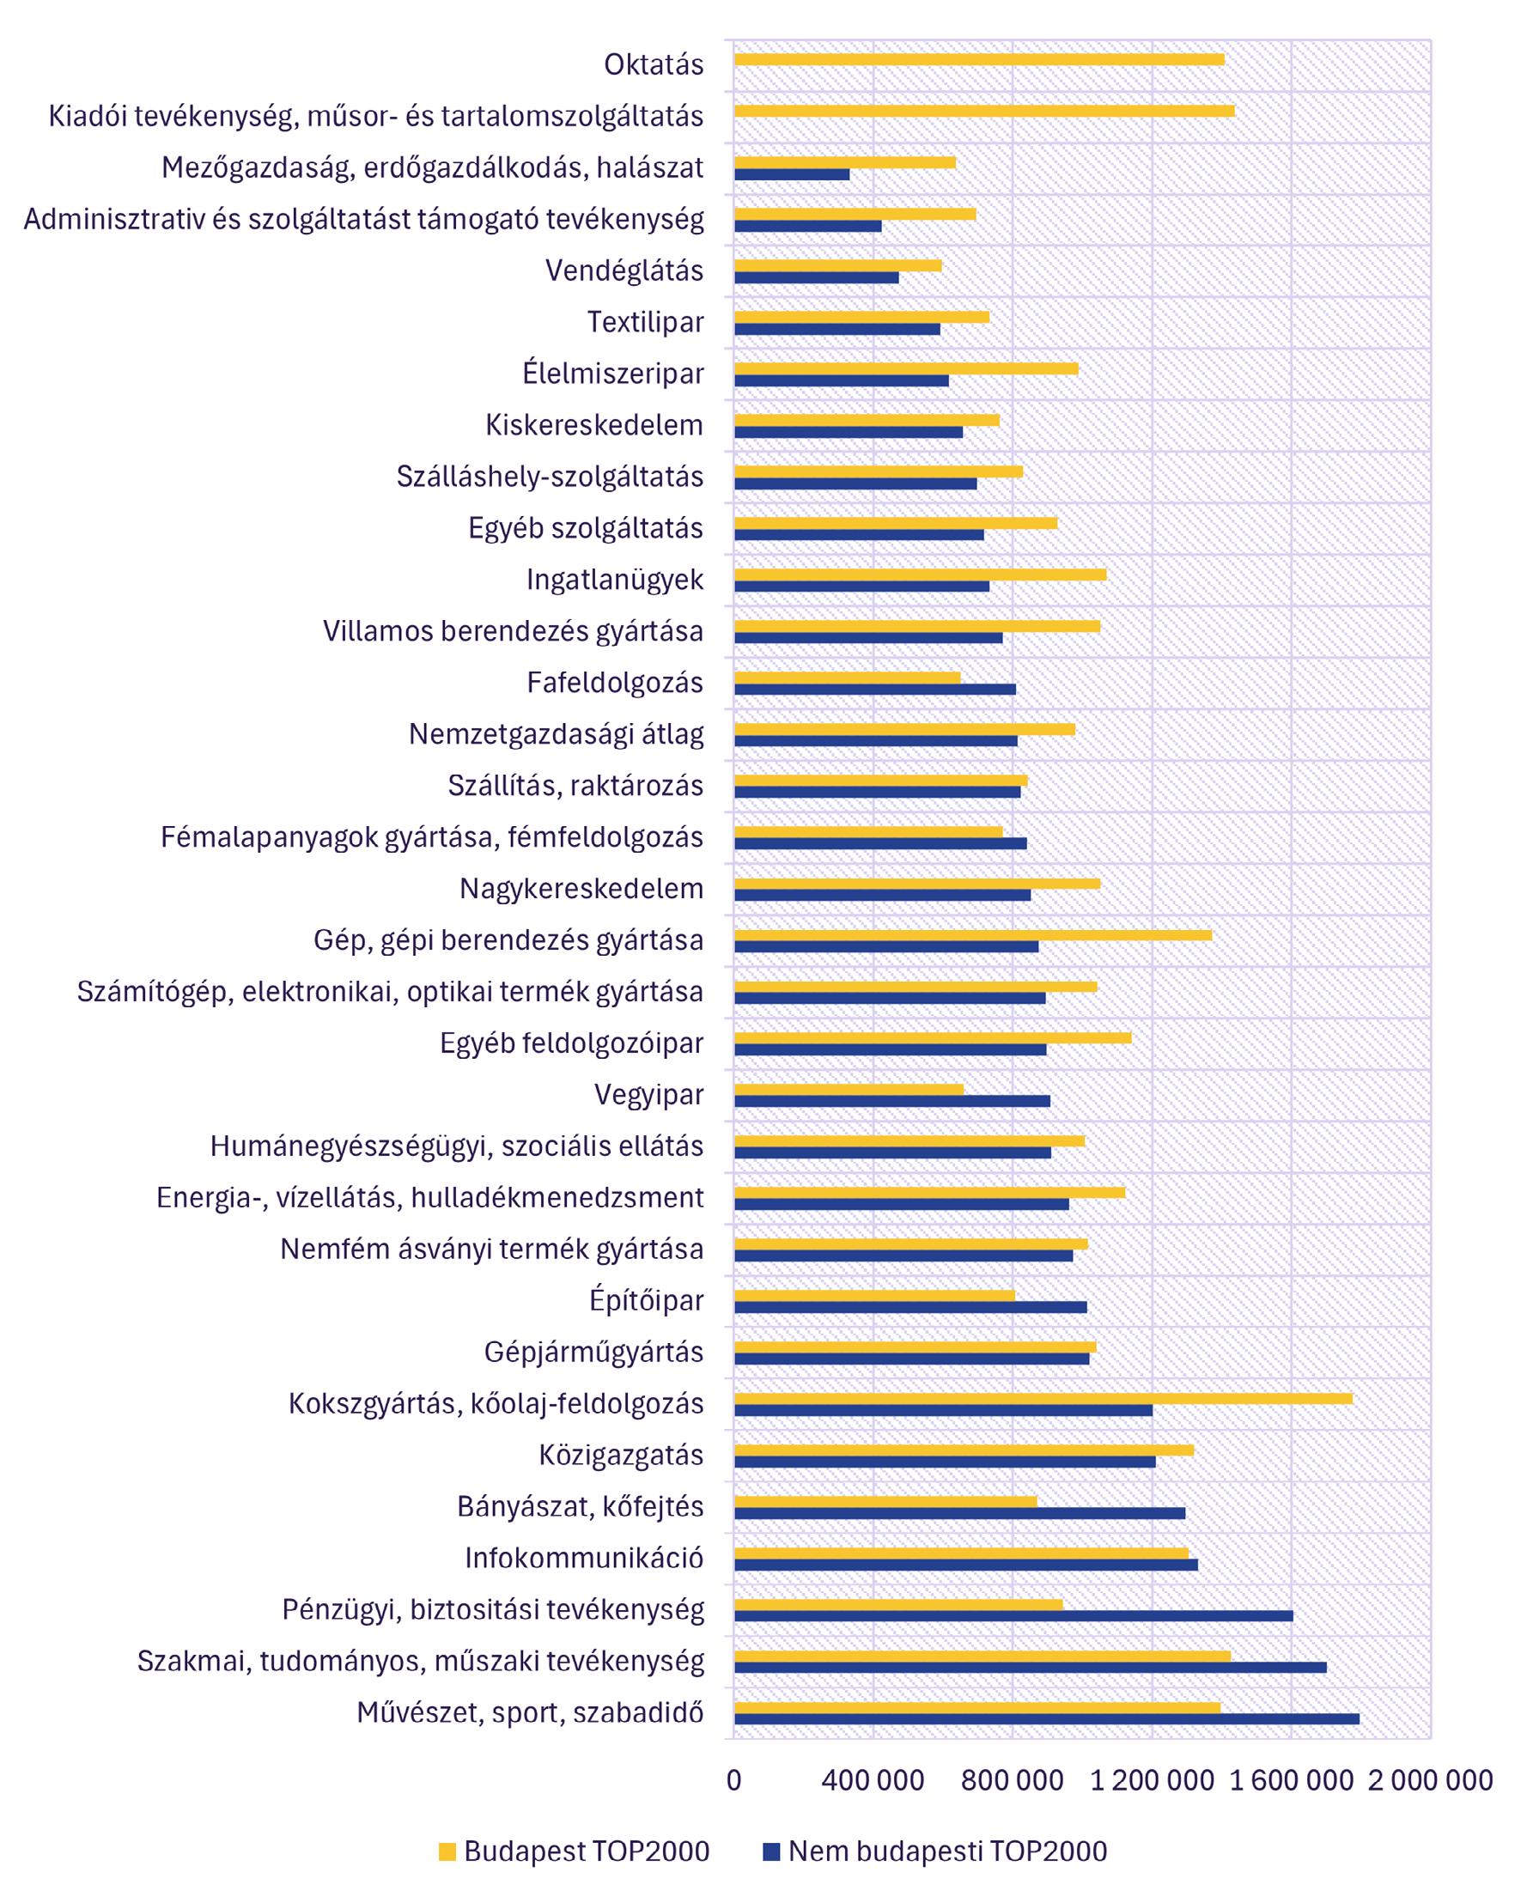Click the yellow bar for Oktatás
tap(978, 59)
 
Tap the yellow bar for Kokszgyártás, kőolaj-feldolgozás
tap(1042, 1398)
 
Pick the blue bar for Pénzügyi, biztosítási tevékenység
tap(1013, 1616)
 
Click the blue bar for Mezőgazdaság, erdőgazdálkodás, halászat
tap(791, 175)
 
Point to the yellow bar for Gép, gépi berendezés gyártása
tap(972, 934)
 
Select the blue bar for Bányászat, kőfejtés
tap(959, 1512)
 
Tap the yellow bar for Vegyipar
tap(849, 1089)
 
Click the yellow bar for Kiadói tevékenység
tap(983, 111)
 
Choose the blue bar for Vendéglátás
tap(816, 277)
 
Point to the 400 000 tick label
tap(873, 1780)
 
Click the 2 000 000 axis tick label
tap(1431, 1780)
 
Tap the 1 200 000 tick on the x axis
tap(1152, 1780)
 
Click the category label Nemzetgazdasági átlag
tap(557, 734)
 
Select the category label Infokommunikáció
tap(584, 1558)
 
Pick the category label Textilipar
tap(646, 322)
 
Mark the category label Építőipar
tap(647, 1300)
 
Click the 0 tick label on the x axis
tap(733, 1780)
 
